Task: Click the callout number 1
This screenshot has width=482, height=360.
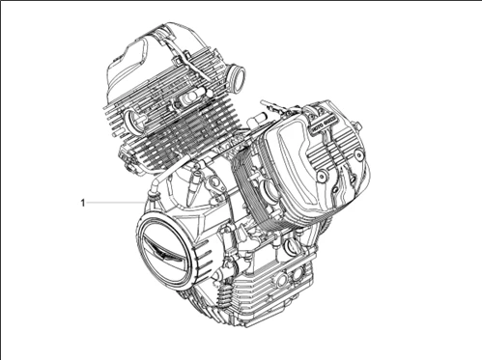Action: (x=83, y=203)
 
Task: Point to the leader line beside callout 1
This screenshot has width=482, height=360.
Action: (x=116, y=203)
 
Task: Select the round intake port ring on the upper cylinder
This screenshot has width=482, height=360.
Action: (x=235, y=74)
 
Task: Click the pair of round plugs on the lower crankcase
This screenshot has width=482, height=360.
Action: (x=284, y=281)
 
